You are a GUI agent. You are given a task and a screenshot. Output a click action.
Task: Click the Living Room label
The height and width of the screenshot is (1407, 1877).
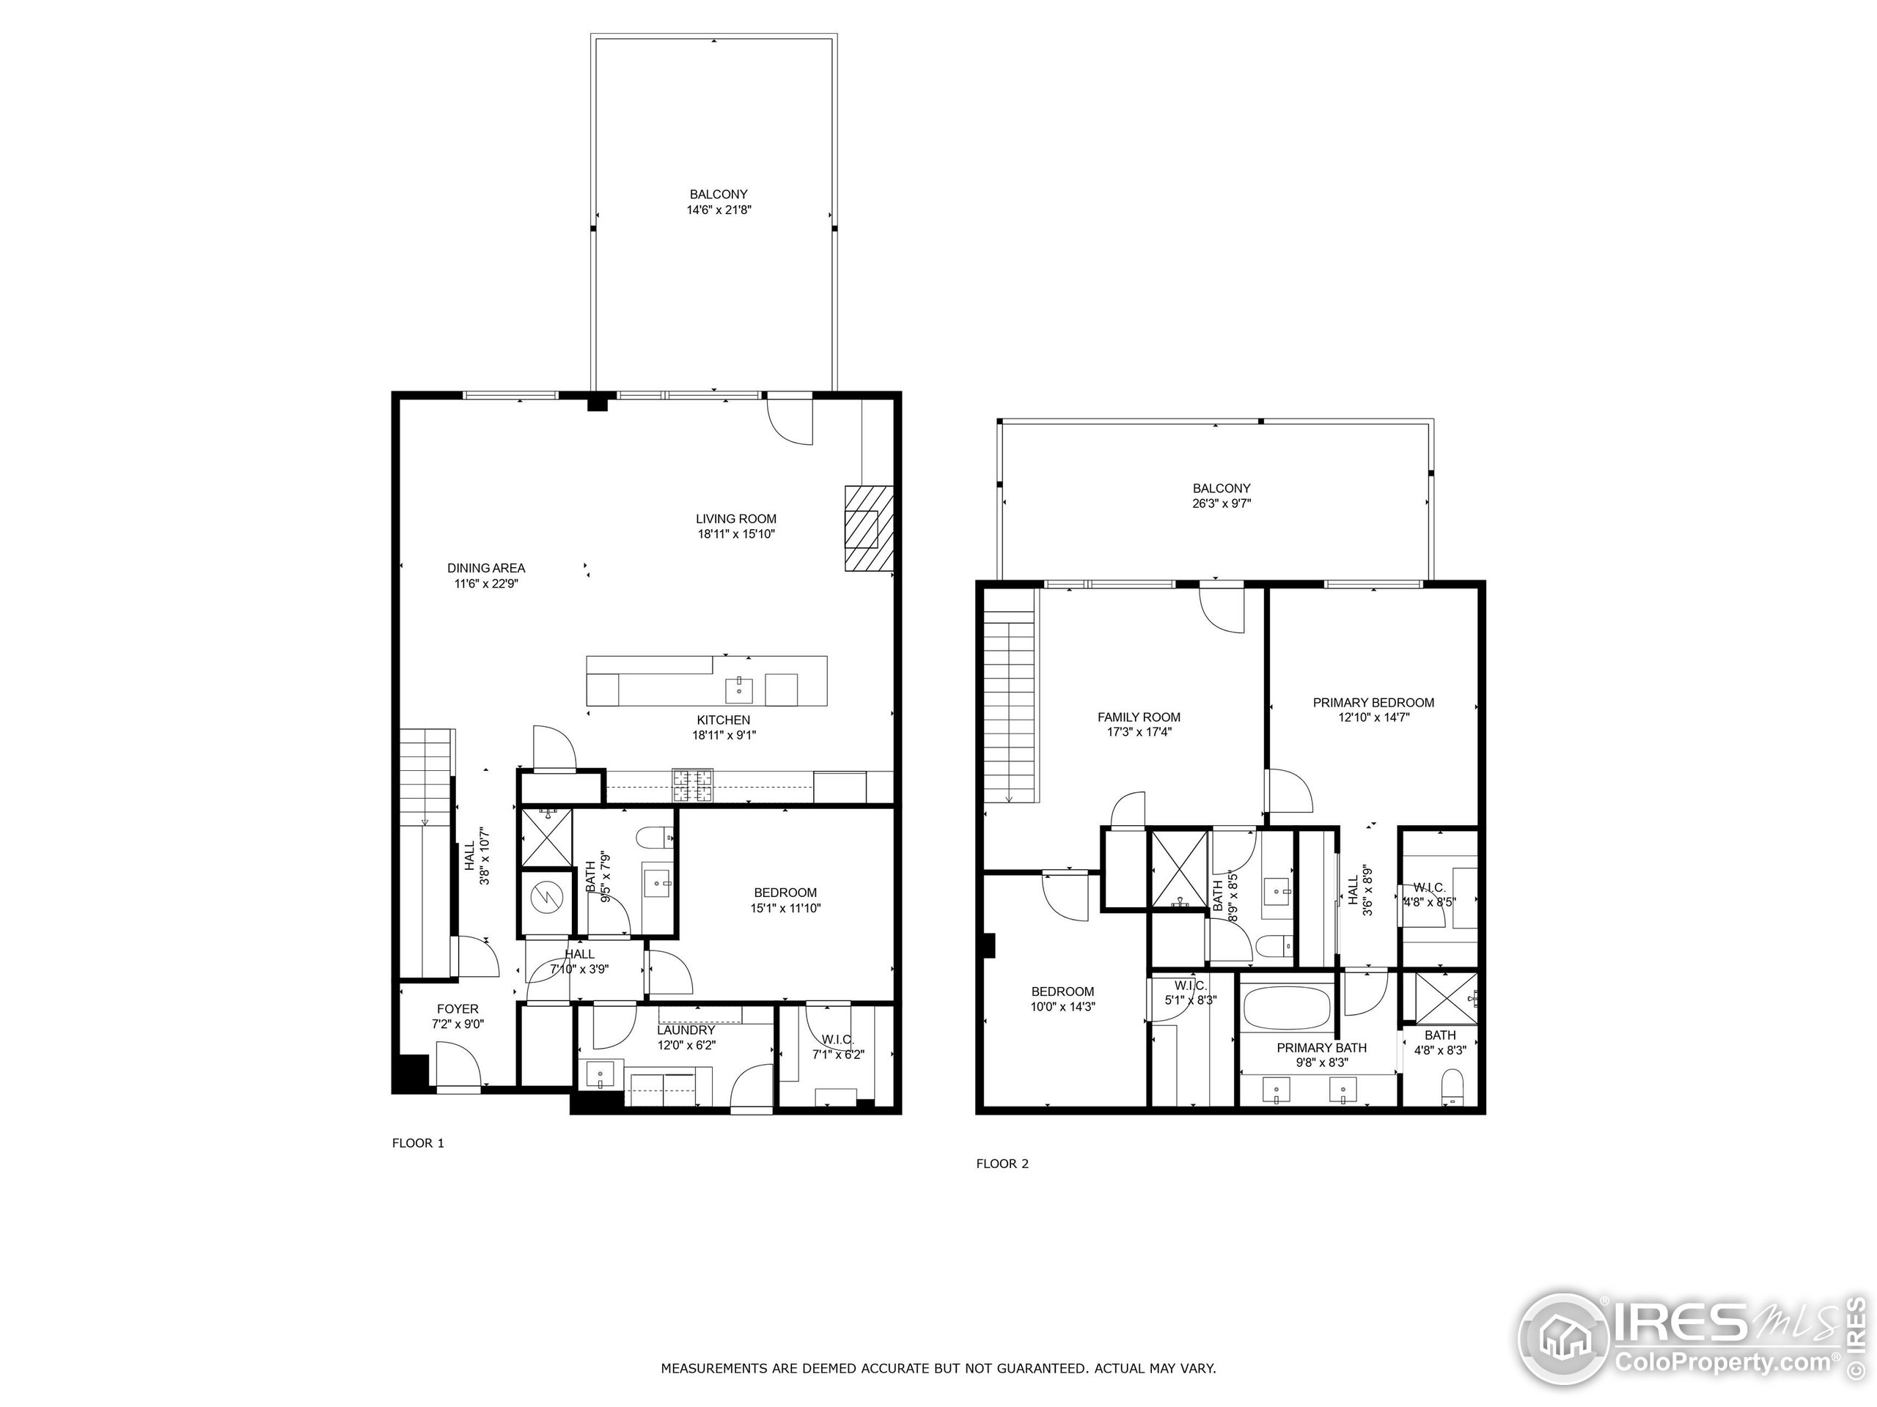coord(735,519)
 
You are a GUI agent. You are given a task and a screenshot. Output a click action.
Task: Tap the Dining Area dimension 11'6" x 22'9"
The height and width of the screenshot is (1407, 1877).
coord(485,583)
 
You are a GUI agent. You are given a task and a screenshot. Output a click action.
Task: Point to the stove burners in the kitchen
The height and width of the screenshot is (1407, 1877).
coord(694,786)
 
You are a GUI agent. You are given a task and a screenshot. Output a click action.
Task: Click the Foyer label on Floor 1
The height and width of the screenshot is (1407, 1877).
coord(458,1008)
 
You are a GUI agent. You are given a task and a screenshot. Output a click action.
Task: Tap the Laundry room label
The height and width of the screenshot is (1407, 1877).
coord(686,1030)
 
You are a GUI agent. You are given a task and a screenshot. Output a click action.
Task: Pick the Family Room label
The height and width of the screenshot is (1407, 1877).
coord(1138,717)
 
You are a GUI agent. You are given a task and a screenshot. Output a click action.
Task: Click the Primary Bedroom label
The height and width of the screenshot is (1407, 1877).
coord(1373,702)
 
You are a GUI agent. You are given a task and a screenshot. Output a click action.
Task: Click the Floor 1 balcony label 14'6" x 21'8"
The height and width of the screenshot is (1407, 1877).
coord(719,202)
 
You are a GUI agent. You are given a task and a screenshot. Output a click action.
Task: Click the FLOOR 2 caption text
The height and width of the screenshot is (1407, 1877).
coord(1002,1164)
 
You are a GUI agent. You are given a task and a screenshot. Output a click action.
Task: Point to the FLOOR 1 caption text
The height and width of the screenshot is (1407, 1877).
coord(417,1142)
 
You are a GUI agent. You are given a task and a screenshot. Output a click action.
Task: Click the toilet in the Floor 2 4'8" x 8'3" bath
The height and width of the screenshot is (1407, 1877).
coord(1452,1087)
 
